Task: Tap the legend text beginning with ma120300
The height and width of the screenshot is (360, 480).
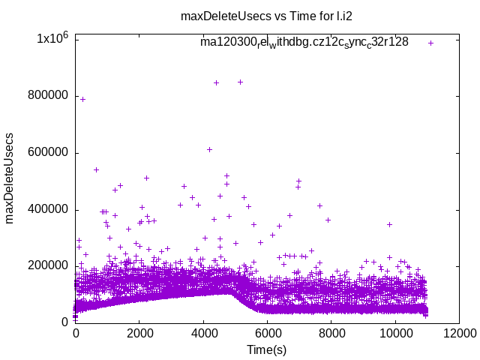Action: (x=304, y=42)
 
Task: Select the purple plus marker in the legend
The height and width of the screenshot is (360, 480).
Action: (x=431, y=43)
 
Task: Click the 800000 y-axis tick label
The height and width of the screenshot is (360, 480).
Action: (x=48, y=95)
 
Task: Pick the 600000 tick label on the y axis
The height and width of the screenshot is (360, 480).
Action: (x=48, y=152)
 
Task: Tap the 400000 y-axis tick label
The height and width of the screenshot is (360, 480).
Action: (x=48, y=208)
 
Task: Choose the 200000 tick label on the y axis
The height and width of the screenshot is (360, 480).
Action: (x=48, y=265)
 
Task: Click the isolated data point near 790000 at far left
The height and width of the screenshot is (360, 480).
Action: (x=82, y=99)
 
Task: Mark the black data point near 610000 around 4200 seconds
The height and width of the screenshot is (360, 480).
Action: (x=209, y=149)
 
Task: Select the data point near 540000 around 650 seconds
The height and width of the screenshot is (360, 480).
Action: (x=96, y=169)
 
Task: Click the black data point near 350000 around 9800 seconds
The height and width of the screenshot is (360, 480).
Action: (x=389, y=224)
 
